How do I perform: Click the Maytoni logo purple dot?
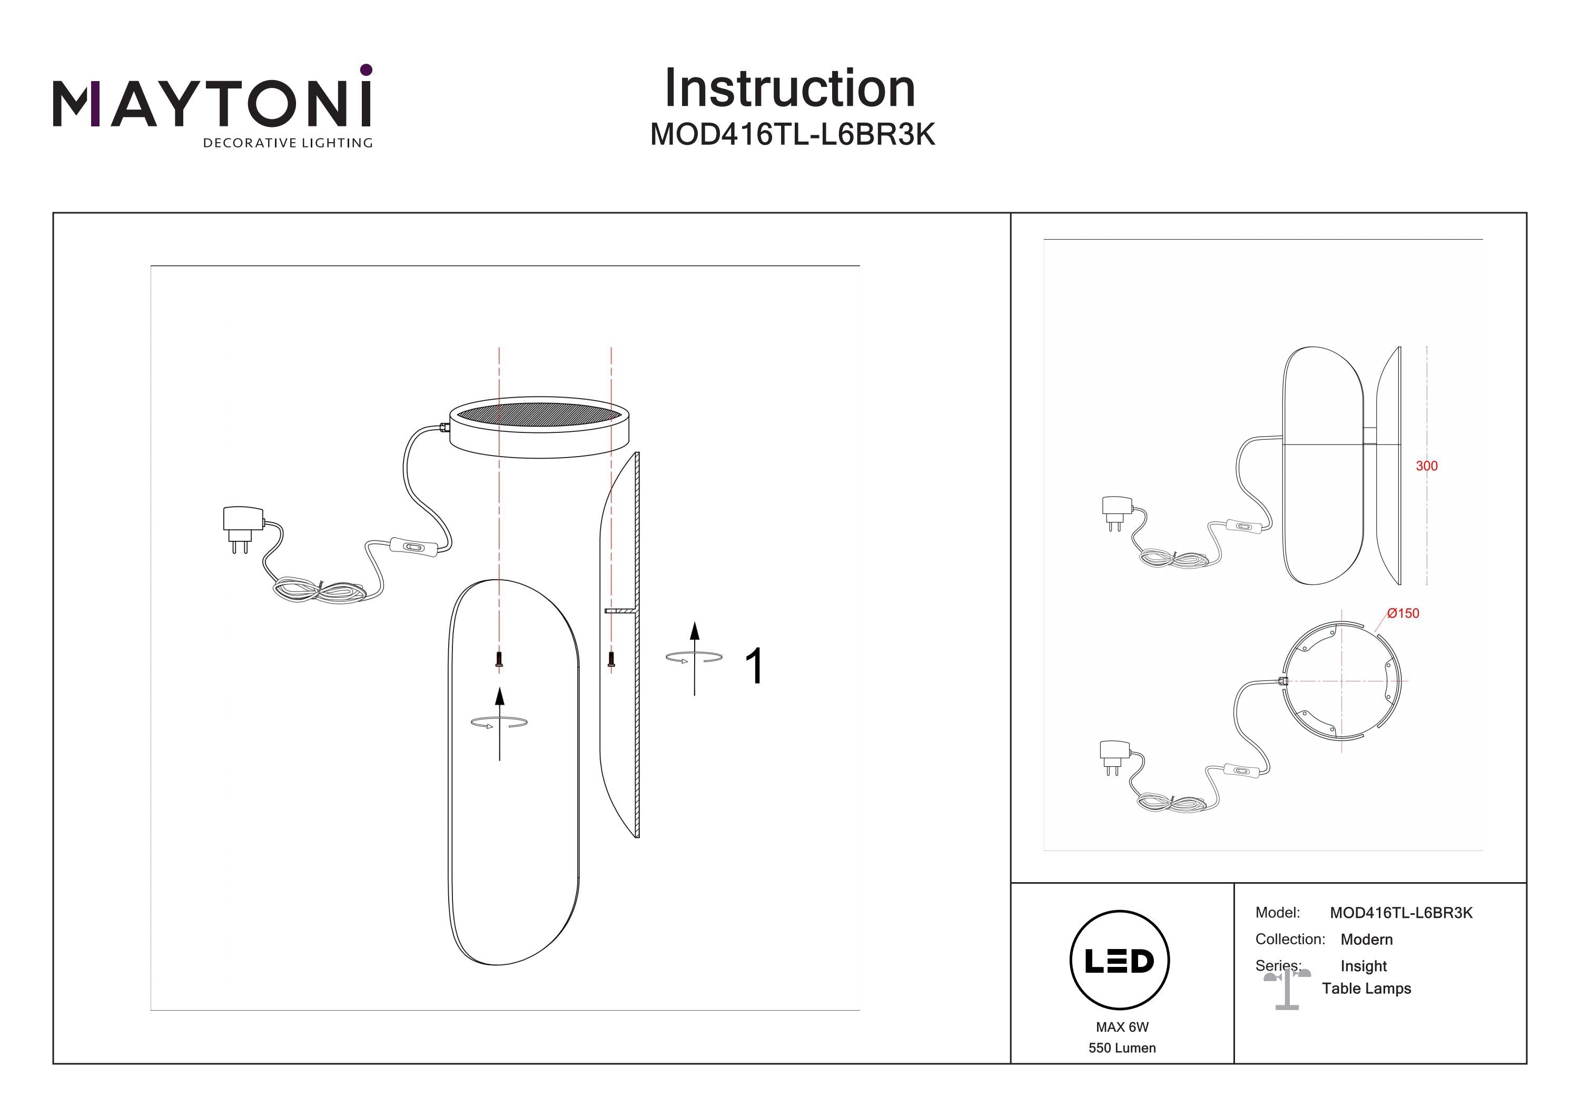[366, 70]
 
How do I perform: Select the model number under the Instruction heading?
[793, 135]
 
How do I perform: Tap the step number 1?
[754, 666]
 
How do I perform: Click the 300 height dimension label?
[1427, 466]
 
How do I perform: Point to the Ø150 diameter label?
[1403, 613]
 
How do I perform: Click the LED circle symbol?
[1120, 960]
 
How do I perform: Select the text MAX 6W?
[1122, 1027]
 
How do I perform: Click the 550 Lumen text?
[1122, 1048]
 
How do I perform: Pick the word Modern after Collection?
[1367, 940]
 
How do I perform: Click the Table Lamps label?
[1367, 989]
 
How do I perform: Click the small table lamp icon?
[1287, 989]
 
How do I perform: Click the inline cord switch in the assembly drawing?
[413, 547]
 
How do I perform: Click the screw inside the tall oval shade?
[499, 659]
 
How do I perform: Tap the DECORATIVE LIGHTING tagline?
[288, 143]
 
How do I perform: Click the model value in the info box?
[1401, 913]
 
